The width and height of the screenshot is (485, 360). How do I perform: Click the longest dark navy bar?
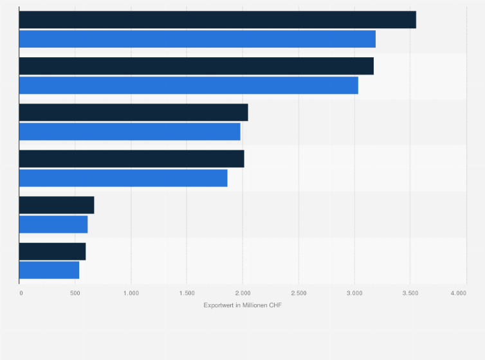[x=217, y=20]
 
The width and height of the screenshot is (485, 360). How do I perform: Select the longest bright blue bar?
[x=197, y=39]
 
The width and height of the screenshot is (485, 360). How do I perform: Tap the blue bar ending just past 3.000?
[x=188, y=85]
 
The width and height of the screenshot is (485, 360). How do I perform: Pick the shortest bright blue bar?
[x=49, y=270]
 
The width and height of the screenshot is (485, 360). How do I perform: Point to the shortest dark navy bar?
[x=52, y=251]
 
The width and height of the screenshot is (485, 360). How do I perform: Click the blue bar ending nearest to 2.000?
[x=129, y=131]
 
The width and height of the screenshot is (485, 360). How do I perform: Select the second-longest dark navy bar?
[x=196, y=66]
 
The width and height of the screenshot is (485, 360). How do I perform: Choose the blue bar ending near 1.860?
[x=123, y=178]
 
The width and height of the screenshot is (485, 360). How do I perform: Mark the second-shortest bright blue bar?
[x=53, y=224]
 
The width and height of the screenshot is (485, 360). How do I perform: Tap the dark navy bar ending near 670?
[x=57, y=205]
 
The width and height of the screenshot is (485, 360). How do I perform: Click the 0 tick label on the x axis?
[x=21, y=293]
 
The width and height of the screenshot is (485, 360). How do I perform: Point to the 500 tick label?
[x=75, y=293]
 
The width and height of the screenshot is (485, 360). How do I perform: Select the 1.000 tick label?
[x=131, y=293]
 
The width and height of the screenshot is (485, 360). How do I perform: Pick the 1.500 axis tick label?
[x=187, y=293]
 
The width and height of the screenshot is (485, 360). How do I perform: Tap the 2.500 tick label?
[x=298, y=293]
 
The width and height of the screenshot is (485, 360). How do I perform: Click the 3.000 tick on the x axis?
[x=354, y=293]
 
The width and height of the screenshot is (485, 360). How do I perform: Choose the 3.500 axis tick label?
[x=410, y=293]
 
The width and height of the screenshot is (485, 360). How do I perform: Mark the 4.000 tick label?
[x=458, y=293]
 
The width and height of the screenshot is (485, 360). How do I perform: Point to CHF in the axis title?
[x=275, y=305]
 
